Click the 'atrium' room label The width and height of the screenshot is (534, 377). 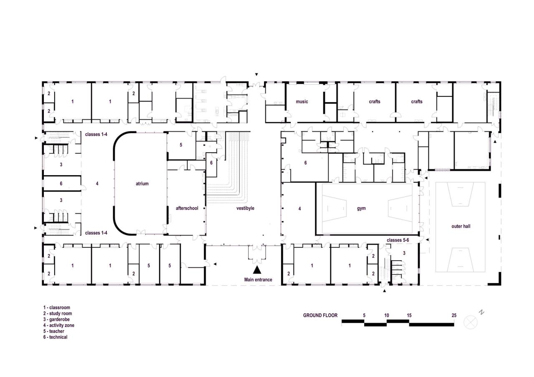pyautogui.click(x=142, y=183)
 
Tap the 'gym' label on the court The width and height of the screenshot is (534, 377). pyautogui.click(x=361, y=208)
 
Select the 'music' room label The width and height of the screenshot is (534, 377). pyautogui.click(x=302, y=101)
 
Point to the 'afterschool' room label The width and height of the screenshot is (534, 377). pyautogui.click(x=187, y=208)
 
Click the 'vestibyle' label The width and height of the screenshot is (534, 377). pyautogui.click(x=245, y=208)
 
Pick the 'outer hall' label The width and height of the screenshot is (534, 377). pyautogui.click(x=461, y=226)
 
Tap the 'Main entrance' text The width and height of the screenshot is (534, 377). pyautogui.click(x=258, y=280)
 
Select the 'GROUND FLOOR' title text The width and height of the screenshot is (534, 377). pyautogui.click(x=320, y=316)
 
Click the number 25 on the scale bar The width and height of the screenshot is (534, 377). pyautogui.click(x=453, y=315)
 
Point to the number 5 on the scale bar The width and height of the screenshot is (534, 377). pyautogui.click(x=364, y=315)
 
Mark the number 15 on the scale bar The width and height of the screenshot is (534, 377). pyautogui.click(x=409, y=315)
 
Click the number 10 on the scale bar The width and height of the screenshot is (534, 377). pyautogui.click(x=387, y=315)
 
